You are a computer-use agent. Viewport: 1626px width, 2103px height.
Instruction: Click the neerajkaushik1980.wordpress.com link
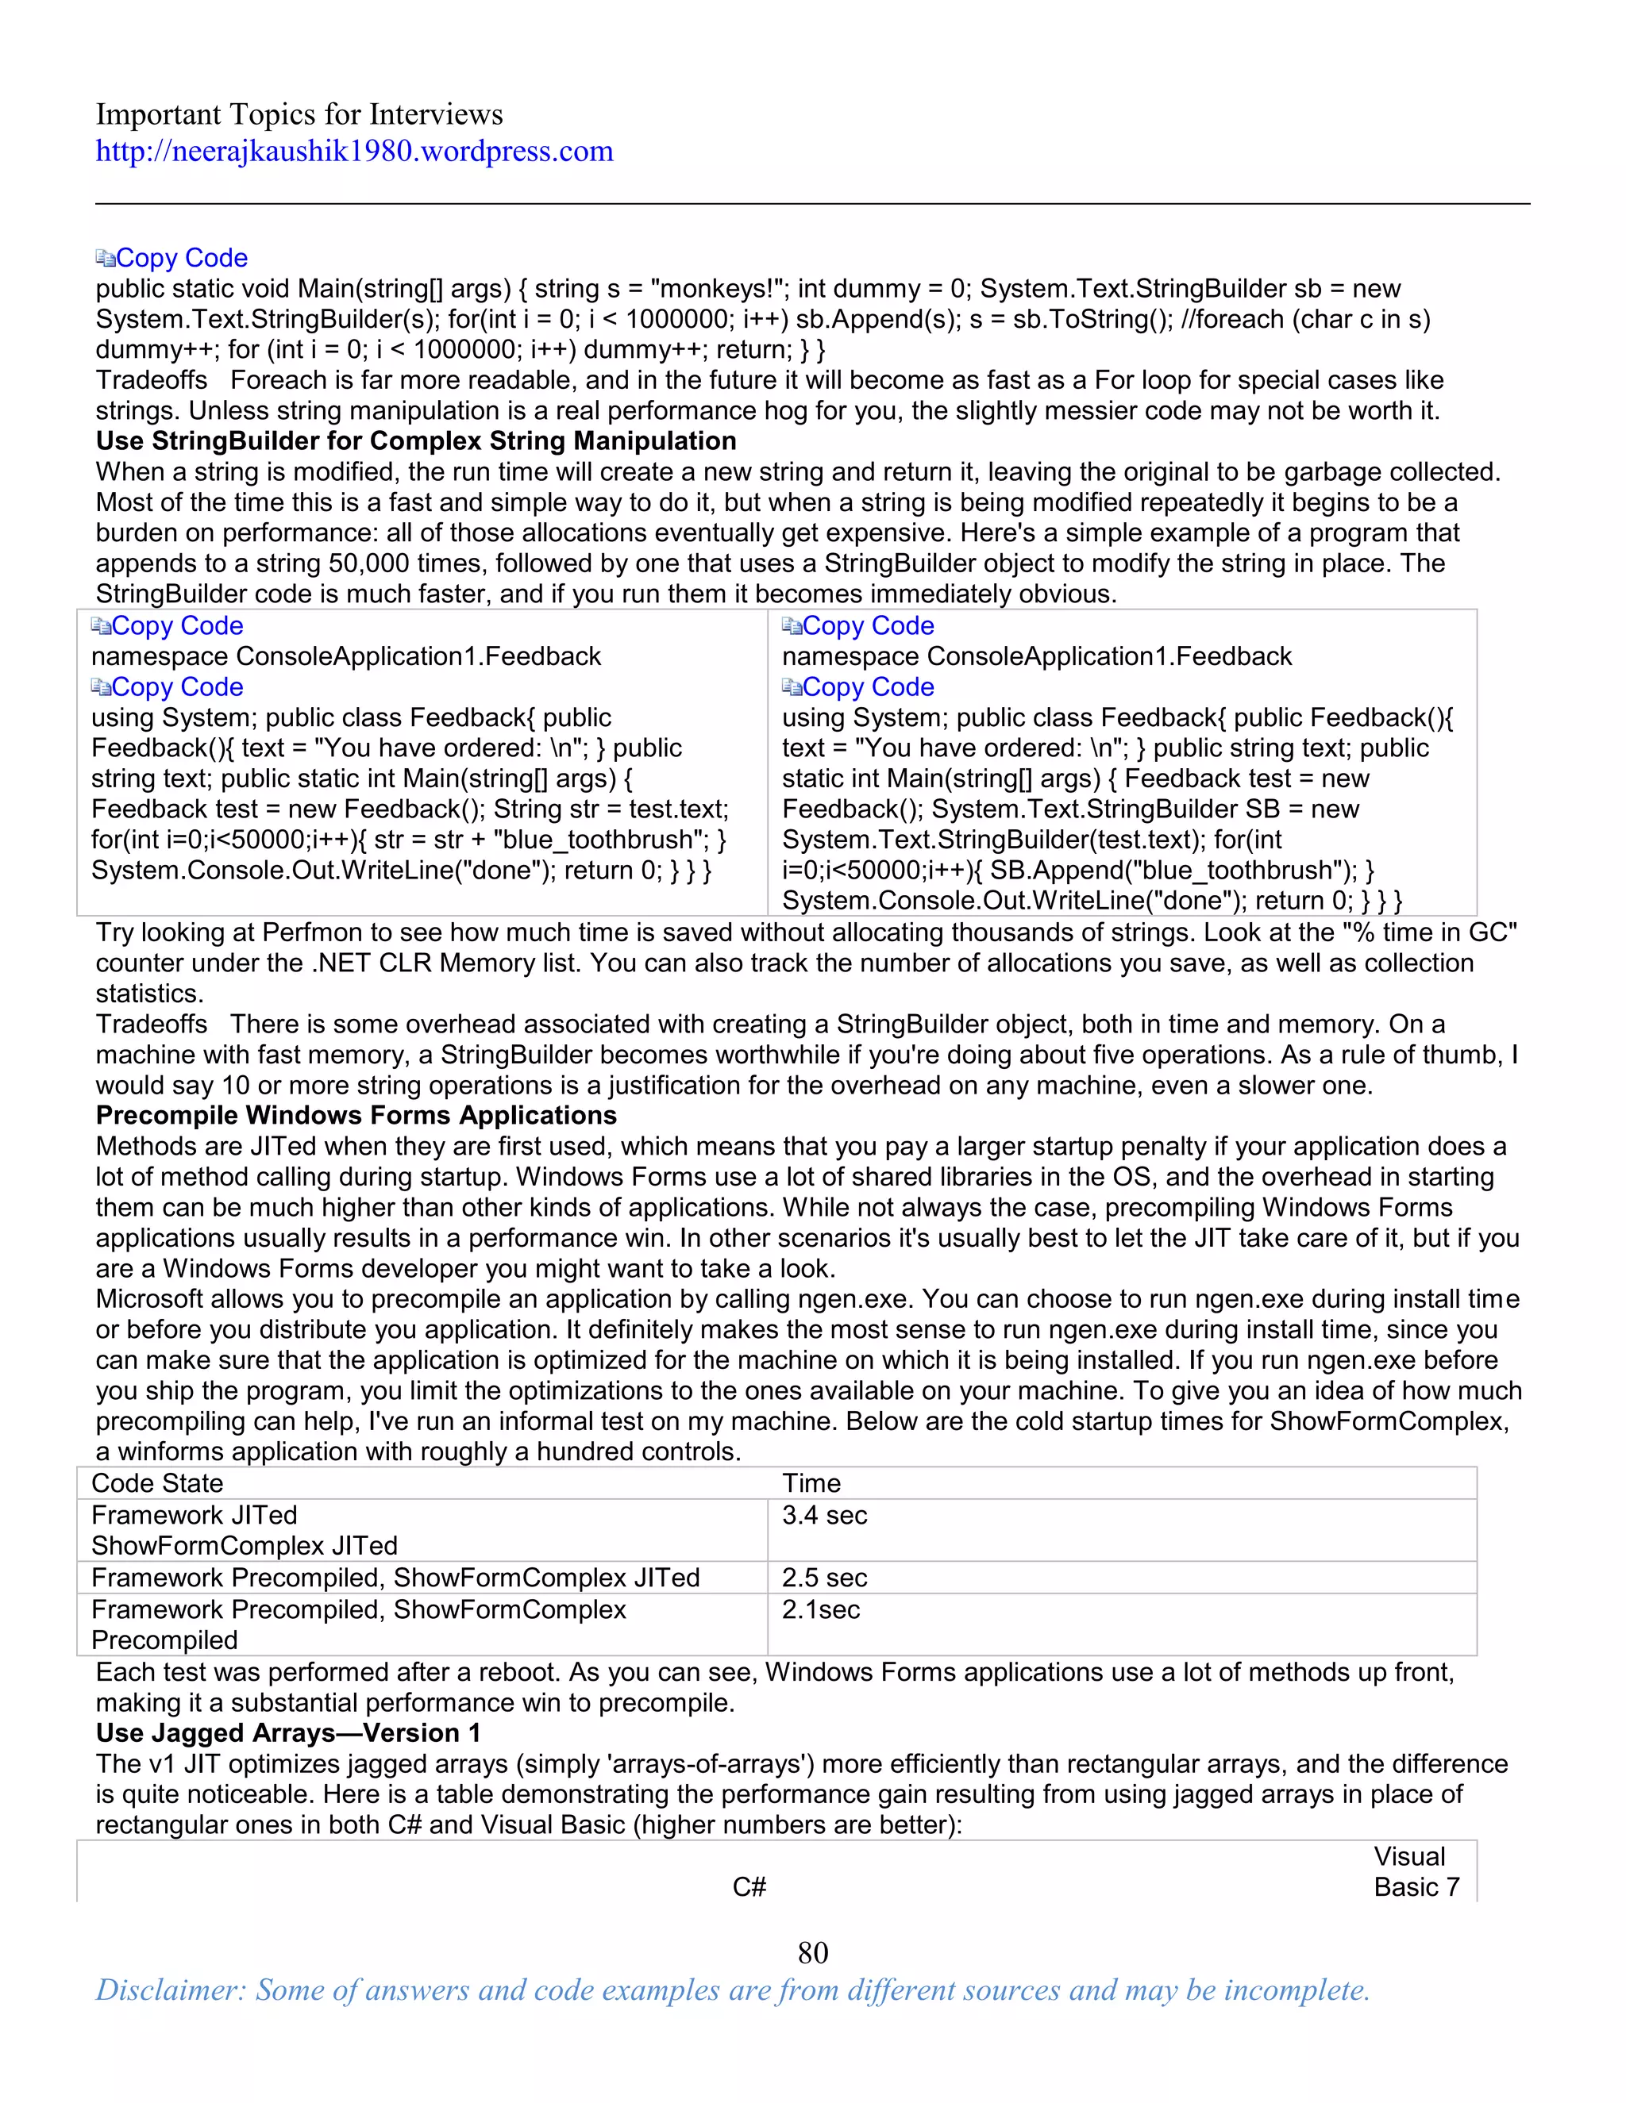tap(353, 151)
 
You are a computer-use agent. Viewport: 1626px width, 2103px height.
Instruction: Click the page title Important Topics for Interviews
tap(299, 114)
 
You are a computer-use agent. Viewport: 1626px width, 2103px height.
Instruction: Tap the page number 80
tap(812, 1952)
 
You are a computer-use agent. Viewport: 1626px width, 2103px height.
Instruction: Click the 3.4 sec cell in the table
tap(825, 1515)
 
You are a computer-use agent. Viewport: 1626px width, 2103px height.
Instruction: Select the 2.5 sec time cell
tap(825, 1578)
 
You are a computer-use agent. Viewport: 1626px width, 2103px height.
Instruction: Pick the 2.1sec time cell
tap(821, 1609)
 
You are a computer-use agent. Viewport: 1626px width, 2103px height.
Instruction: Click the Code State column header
tap(157, 1483)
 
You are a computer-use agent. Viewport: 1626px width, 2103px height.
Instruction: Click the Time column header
tap(811, 1483)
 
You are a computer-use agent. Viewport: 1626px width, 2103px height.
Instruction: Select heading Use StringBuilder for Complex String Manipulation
tap(415, 441)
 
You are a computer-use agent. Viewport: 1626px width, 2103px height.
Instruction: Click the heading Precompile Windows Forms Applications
tap(356, 1115)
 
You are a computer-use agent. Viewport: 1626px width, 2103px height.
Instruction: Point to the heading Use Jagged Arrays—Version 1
tap(287, 1732)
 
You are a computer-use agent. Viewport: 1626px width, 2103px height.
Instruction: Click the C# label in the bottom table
tap(749, 1886)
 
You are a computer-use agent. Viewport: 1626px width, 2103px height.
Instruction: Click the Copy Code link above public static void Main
tap(181, 258)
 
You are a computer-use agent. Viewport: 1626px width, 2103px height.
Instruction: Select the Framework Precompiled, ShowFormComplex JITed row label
tap(395, 1578)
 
